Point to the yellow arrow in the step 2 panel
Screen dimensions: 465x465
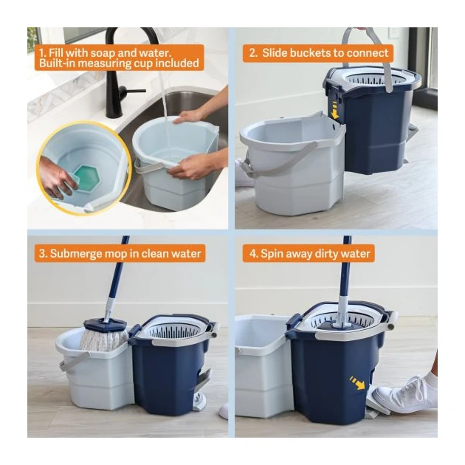336,112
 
